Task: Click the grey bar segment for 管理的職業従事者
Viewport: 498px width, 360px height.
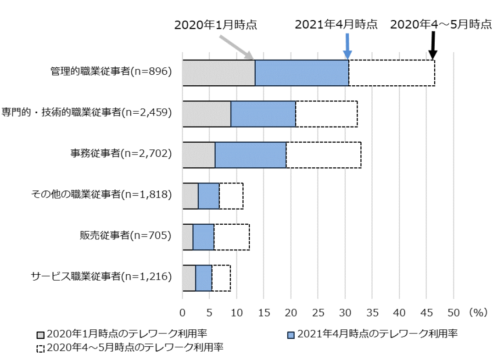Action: pos(218,73)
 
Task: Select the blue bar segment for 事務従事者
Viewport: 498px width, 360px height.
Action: pos(251,155)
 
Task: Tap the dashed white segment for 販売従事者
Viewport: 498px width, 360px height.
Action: pos(232,237)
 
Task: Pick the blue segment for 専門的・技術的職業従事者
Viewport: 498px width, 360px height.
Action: pos(263,114)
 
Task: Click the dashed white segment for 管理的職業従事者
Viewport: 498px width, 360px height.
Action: pos(392,73)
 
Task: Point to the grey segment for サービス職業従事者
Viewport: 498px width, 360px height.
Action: pos(189,278)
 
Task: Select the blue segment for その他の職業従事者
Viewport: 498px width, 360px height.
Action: pos(209,196)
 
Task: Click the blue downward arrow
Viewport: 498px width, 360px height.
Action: pos(347,46)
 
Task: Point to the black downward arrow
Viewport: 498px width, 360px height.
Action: pos(432,46)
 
